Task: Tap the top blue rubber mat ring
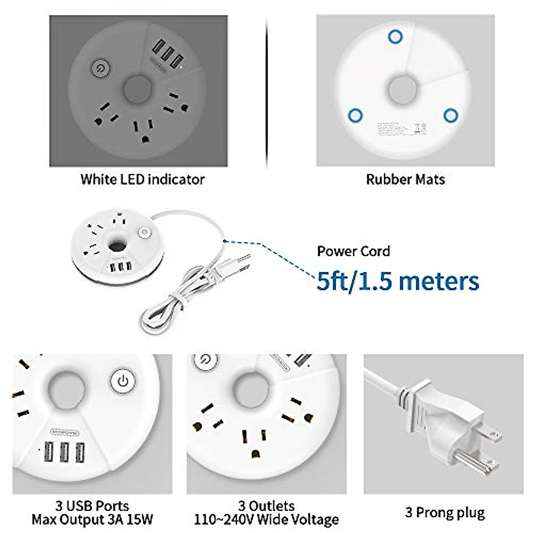[395, 36]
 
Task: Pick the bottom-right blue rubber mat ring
[450, 116]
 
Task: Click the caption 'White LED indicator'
[142, 179]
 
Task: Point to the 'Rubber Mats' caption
[405, 179]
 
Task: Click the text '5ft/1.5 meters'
[398, 281]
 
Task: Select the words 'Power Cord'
[353, 251]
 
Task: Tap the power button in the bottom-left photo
[123, 381]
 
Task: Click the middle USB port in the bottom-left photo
[64, 453]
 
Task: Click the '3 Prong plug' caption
[445, 513]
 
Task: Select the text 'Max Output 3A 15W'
[92, 519]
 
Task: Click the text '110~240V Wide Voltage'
[266, 519]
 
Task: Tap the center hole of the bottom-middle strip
[251, 390]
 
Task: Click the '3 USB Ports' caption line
[92, 505]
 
